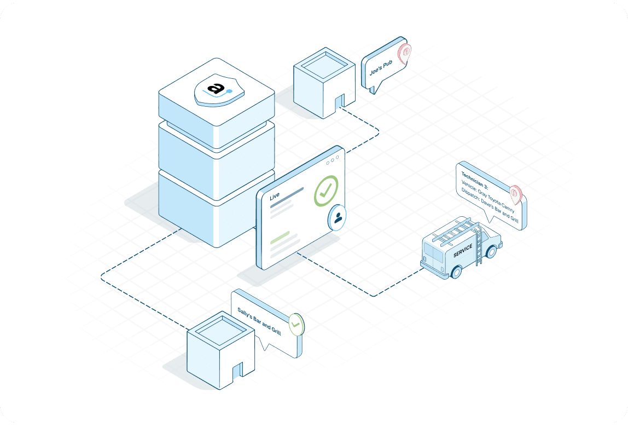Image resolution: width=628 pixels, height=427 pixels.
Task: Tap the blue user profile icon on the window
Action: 338,217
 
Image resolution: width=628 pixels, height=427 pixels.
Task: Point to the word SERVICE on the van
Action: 463,251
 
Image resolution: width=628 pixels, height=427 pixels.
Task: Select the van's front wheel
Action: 491,252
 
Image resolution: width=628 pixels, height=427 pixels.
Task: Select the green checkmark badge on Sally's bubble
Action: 296,324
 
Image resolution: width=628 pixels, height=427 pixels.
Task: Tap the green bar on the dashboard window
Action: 280,236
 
